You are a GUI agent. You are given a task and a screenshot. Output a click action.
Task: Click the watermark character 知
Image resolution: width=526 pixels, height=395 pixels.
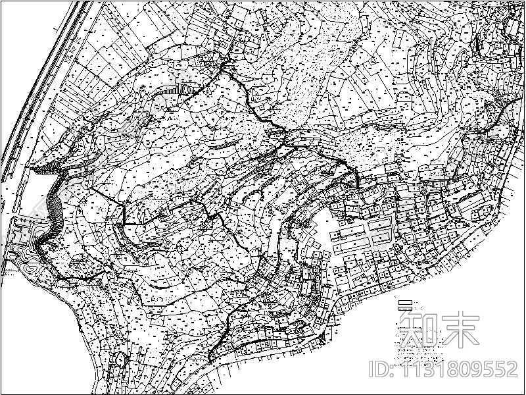(420, 329)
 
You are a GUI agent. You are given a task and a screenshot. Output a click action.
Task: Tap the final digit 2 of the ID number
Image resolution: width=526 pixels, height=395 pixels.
(510, 369)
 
